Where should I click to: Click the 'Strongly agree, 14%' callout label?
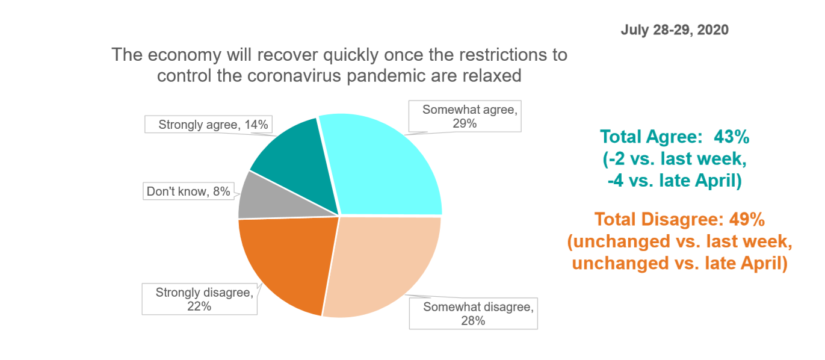208,125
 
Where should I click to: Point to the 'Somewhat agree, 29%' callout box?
465,116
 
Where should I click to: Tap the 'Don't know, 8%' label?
188,191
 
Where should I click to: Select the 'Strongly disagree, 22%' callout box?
200,299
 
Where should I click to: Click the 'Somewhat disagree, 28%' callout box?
473,313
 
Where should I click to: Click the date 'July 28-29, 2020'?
675,30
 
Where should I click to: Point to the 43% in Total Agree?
732,137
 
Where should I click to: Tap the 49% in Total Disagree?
747,219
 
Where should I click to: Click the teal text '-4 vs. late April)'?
675,181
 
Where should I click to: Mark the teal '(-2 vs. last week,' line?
675,159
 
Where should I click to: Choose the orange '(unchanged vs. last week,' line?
680,242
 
